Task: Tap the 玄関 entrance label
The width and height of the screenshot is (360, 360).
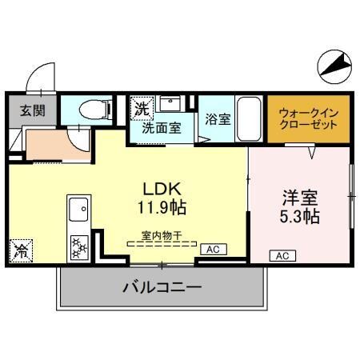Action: [x=31, y=110]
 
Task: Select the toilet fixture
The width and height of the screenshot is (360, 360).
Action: [x=96, y=109]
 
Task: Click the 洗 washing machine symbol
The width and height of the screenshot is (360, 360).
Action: [x=142, y=106]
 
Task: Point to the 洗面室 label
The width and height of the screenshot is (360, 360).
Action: [x=162, y=126]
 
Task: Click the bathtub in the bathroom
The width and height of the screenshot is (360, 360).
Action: [x=250, y=118]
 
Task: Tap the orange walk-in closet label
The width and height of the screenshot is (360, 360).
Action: [x=308, y=119]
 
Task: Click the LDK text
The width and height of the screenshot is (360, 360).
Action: [x=164, y=190]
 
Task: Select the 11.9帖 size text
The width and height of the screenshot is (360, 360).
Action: [x=164, y=208]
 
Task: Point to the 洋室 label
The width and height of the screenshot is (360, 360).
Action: [x=300, y=197]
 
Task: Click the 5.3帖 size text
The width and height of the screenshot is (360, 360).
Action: [x=300, y=216]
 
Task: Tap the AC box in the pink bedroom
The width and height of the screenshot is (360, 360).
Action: [x=282, y=256]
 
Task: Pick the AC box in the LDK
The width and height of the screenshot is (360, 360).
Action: [x=213, y=250]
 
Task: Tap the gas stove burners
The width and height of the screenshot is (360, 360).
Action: [x=79, y=246]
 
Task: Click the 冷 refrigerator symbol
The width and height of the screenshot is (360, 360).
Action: [x=20, y=252]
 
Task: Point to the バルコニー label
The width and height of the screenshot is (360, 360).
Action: [x=162, y=287]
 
